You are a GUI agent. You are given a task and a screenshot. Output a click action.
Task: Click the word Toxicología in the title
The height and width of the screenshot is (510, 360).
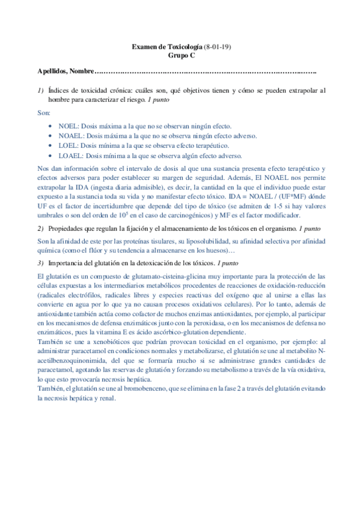pos(183,46)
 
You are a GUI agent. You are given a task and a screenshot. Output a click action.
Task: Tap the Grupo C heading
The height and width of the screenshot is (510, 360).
pos(180,55)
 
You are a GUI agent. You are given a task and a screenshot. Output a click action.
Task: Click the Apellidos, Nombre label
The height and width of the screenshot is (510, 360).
pos(66,72)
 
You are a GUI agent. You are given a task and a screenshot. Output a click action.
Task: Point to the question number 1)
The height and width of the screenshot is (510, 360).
pos(40,90)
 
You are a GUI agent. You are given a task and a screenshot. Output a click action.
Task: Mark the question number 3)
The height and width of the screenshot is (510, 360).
pos(40,263)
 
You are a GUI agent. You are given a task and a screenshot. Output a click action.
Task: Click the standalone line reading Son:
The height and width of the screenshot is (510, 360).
pos(44,112)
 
